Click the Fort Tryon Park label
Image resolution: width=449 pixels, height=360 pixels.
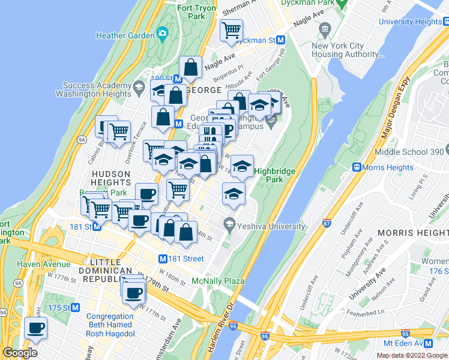coord(195,13)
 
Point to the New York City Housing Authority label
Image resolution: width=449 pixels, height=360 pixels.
coord(347,50)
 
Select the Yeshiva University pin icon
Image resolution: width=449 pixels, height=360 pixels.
coord(229,226)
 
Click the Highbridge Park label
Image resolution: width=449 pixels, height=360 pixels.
coord(275,175)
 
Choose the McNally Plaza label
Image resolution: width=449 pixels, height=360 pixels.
coord(217,281)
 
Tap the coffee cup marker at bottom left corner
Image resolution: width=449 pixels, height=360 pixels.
coord(36,328)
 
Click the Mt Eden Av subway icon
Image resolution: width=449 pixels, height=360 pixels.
coord(428,343)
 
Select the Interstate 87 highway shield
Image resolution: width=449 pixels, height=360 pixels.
coord(326,224)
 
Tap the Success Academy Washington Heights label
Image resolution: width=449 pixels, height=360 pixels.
coord(93,89)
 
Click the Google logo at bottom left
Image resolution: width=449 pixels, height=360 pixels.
coord(20,353)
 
